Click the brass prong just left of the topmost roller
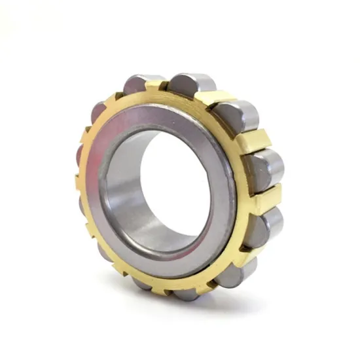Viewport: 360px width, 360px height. (157, 85)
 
